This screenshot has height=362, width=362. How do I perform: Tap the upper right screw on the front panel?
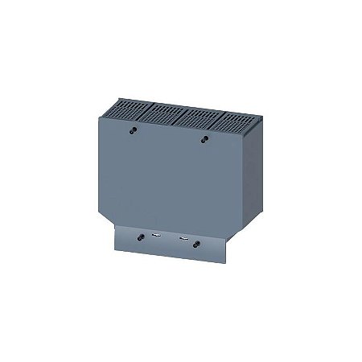tap(204, 138)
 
